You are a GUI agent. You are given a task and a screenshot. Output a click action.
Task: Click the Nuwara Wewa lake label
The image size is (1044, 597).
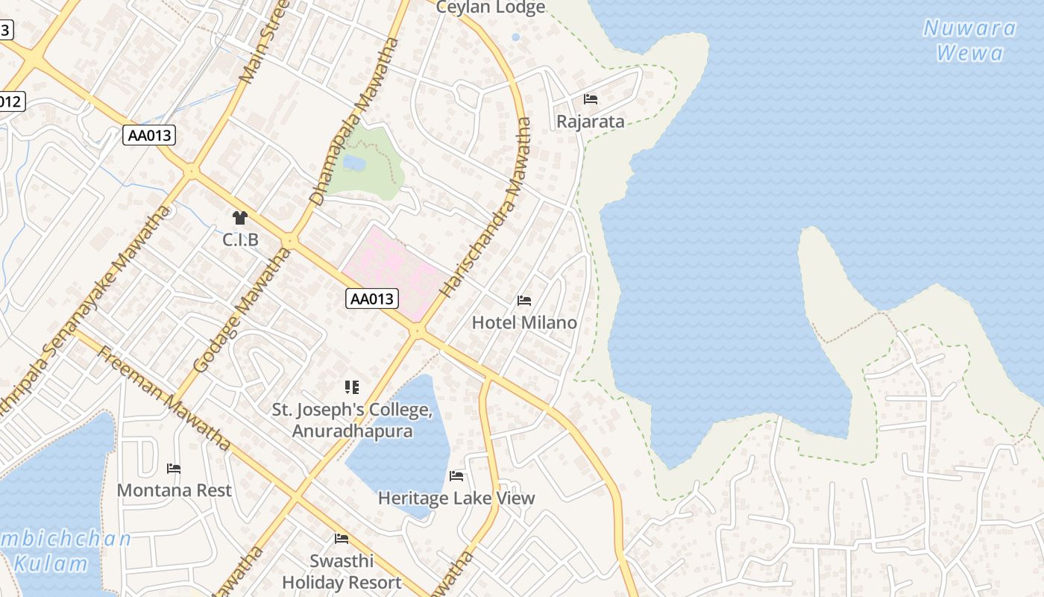pos(969,40)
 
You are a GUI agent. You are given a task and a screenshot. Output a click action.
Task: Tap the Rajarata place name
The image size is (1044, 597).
pos(591,122)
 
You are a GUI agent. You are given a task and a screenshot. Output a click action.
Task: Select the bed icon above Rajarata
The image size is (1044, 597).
pos(591,99)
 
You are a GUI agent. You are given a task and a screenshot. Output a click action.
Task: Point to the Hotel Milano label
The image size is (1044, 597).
pos(524,322)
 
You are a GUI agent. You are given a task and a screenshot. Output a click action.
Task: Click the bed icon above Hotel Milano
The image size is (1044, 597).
pos(524,301)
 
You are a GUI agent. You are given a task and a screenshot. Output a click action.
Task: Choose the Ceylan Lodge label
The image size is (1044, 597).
pos(491,7)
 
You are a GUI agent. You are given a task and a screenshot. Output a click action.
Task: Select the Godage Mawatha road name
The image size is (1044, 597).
pos(241,311)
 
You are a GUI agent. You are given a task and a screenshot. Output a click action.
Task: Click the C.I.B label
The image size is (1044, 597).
pos(240,240)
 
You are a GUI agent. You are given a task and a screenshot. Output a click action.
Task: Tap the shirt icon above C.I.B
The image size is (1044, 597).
pos(239,218)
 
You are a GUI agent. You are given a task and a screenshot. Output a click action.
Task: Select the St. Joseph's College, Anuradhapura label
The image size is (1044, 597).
pos(352,420)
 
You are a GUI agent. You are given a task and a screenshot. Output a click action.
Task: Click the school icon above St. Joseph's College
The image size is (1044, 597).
pos(352,387)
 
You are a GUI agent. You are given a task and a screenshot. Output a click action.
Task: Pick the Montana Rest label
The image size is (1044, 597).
pos(174,490)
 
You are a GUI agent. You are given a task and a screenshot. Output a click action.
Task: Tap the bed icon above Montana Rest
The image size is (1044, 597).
pos(174,469)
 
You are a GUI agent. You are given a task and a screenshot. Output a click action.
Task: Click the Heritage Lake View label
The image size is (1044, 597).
pos(456,498)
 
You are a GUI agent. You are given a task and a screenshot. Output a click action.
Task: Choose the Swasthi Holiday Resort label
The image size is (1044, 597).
pos(342,572)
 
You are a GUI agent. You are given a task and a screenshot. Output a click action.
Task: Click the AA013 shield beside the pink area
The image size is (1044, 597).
pos(373,299)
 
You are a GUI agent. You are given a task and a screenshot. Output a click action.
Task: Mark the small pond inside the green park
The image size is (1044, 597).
pos(354,162)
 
